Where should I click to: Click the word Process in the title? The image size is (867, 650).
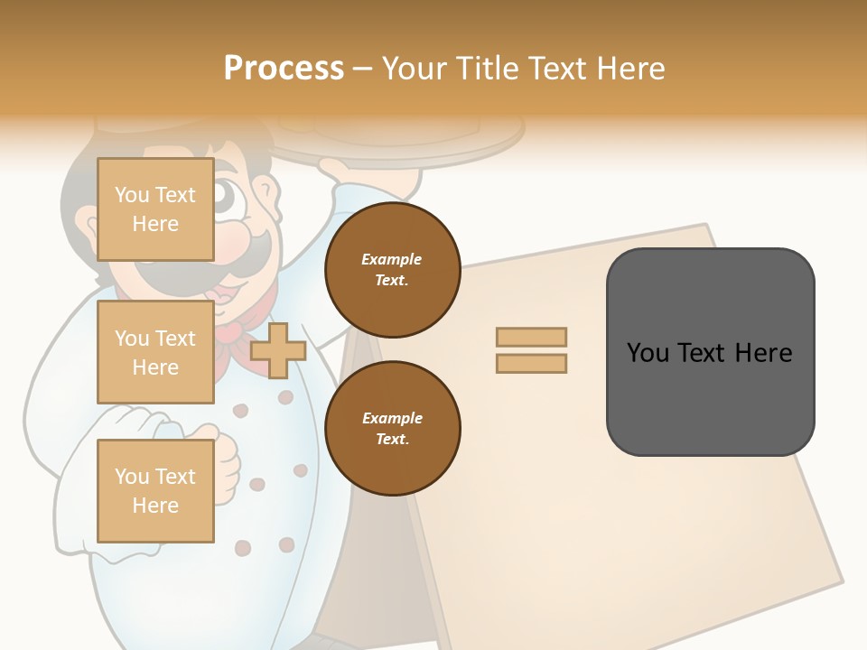click(x=284, y=69)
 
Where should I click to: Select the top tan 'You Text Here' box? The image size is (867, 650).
click(x=155, y=209)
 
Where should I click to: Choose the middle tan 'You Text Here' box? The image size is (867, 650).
click(x=155, y=352)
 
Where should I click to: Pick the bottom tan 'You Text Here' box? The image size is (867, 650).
click(x=155, y=491)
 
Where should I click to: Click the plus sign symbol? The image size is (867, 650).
click(x=278, y=350)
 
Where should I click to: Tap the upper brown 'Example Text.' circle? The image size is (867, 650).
click(x=392, y=270)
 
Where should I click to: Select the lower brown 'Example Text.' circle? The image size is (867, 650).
click(x=392, y=429)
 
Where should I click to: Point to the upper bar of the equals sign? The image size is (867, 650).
click(x=531, y=337)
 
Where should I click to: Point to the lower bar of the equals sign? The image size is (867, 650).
click(x=531, y=364)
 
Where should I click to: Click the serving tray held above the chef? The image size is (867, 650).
click(x=397, y=135)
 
